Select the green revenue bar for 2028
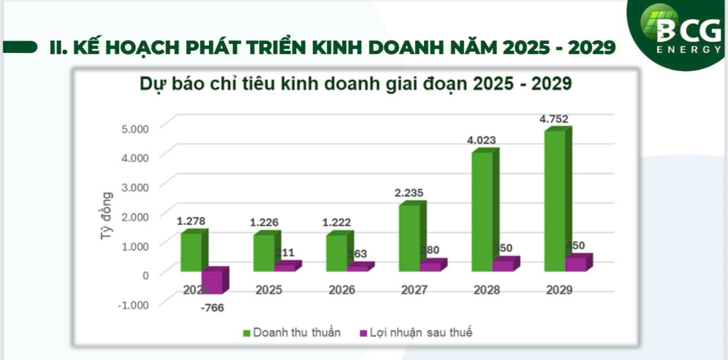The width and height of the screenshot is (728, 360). (482, 212)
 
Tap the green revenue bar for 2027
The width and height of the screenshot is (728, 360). (409, 237)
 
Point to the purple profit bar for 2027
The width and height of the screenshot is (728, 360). (430, 265)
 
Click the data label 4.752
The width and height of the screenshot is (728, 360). (554, 119)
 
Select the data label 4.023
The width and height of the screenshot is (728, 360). (481, 140)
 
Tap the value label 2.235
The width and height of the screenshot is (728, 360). (409, 193)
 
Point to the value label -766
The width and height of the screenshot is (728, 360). (212, 308)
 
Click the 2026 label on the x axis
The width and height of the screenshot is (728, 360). (341, 290)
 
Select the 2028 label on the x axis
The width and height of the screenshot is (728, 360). (486, 290)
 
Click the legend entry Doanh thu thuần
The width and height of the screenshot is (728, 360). (291, 332)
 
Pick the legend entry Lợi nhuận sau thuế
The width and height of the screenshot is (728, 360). (415, 332)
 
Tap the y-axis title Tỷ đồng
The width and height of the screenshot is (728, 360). (106, 216)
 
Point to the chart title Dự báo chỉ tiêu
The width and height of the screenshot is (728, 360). (356, 84)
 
